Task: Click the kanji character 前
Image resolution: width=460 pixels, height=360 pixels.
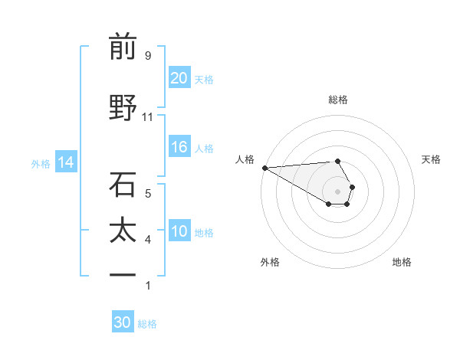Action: point(123,47)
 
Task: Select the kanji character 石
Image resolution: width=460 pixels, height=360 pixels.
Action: point(123,185)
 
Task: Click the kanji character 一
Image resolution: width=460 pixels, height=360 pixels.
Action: point(123,275)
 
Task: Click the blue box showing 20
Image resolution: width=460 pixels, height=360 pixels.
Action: point(179,78)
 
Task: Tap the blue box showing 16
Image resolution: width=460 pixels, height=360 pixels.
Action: point(179,148)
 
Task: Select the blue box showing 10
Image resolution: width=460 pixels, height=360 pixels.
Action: point(179,232)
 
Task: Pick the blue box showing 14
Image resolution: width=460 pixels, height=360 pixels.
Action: point(65,162)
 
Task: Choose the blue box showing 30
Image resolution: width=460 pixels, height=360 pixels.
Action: point(123,322)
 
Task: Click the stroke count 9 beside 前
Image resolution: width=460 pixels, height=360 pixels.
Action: point(147,55)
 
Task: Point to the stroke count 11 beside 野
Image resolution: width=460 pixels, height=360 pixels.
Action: point(147,116)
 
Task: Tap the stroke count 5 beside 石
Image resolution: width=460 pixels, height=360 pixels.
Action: point(147,193)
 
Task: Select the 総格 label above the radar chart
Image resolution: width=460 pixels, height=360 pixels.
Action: point(337,100)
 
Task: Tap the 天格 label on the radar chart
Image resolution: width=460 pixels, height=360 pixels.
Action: point(431,159)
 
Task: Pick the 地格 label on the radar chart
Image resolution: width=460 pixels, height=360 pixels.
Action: point(402,262)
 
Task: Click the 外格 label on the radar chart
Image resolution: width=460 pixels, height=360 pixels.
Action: point(270,262)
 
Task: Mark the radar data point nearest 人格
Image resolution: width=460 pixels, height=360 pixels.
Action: point(264,168)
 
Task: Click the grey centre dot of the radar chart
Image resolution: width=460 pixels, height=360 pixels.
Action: point(337,191)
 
